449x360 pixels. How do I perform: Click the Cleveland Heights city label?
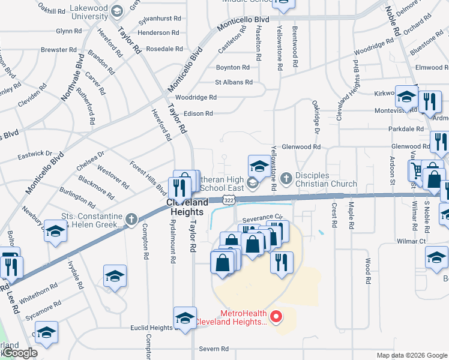click(x=187, y=208)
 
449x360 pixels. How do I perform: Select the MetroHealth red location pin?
click(x=276, y=316)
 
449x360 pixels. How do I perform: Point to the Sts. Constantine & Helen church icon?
click(x=132, y=220)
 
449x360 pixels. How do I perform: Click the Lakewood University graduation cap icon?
click(x=117, y=10)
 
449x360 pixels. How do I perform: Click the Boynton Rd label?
click(x=232, y=68)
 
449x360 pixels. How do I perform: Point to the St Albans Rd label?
click(x=234, y=82)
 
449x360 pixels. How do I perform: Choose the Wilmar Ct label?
click(x=411, y=241)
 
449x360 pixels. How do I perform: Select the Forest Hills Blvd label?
click(x=148, y=177)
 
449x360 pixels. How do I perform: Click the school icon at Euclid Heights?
click(x=185, y=318)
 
